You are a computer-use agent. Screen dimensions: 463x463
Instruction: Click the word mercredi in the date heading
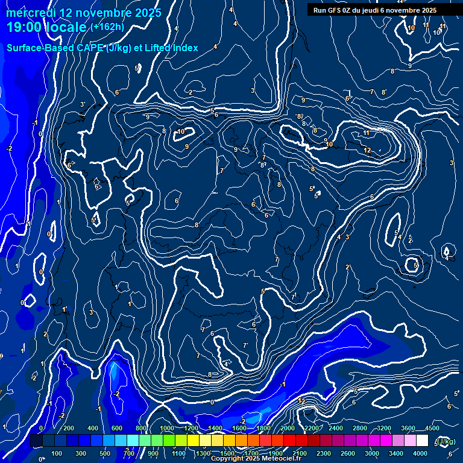pos(30,13)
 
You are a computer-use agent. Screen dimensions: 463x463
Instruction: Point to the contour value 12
pos(367,150)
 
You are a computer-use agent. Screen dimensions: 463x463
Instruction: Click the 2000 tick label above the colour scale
pos(287,428)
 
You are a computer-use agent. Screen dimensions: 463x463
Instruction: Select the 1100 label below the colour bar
pos(178,453)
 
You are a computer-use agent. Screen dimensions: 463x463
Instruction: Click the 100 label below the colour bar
pos(57,453)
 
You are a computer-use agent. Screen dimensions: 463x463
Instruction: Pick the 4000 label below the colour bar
pos(420,453)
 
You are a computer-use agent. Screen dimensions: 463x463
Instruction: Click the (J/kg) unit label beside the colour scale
pos(447,442)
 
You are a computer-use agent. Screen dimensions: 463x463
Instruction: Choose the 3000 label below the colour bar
pos(372,453)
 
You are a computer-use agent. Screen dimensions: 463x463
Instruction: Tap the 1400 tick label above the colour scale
pos(215,428)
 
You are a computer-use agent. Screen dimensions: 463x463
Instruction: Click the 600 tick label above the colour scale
pos(117,428)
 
